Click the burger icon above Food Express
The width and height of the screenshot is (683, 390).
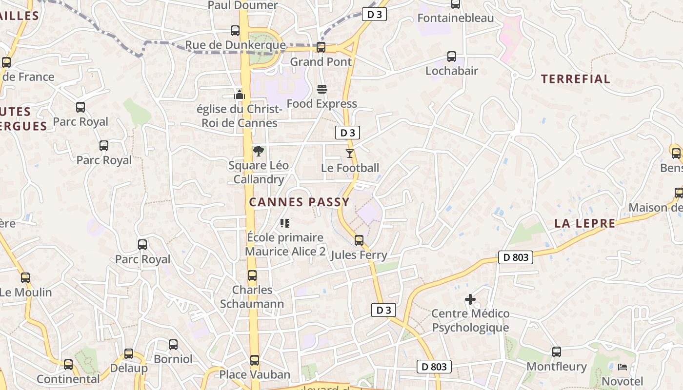pos(321,89)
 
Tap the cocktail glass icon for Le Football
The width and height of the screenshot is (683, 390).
pos(349,154)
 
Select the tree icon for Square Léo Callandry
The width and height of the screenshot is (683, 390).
pos(258,151)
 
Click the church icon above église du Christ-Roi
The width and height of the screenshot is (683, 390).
pos(240,94)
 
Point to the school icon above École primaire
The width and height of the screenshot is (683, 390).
pos(285,223)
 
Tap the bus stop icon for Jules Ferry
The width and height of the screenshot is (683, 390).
pos(359,240)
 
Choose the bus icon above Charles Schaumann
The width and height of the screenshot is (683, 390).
pos(252,275)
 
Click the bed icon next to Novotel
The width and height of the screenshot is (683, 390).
pos(622,367)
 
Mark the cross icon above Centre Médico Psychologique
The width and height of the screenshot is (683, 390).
pos(470,299)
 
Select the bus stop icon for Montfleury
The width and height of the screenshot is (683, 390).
pos(557,352)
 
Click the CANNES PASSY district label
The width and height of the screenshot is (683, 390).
pos(300,202)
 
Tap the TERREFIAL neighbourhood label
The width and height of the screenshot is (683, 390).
pos(576,79)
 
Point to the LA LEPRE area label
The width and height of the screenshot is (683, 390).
pos(585,223)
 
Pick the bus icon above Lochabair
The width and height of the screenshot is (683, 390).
pos(452,57)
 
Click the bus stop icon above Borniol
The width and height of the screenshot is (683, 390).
pos(173,345)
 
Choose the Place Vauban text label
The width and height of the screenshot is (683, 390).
pos(255,374)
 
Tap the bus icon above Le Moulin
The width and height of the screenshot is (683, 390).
pos(25,278)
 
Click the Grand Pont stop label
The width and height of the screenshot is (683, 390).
pos(321,62)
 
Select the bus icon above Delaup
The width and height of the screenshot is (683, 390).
pos(129,354)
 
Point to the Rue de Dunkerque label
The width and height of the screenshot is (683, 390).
pos(235,45)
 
